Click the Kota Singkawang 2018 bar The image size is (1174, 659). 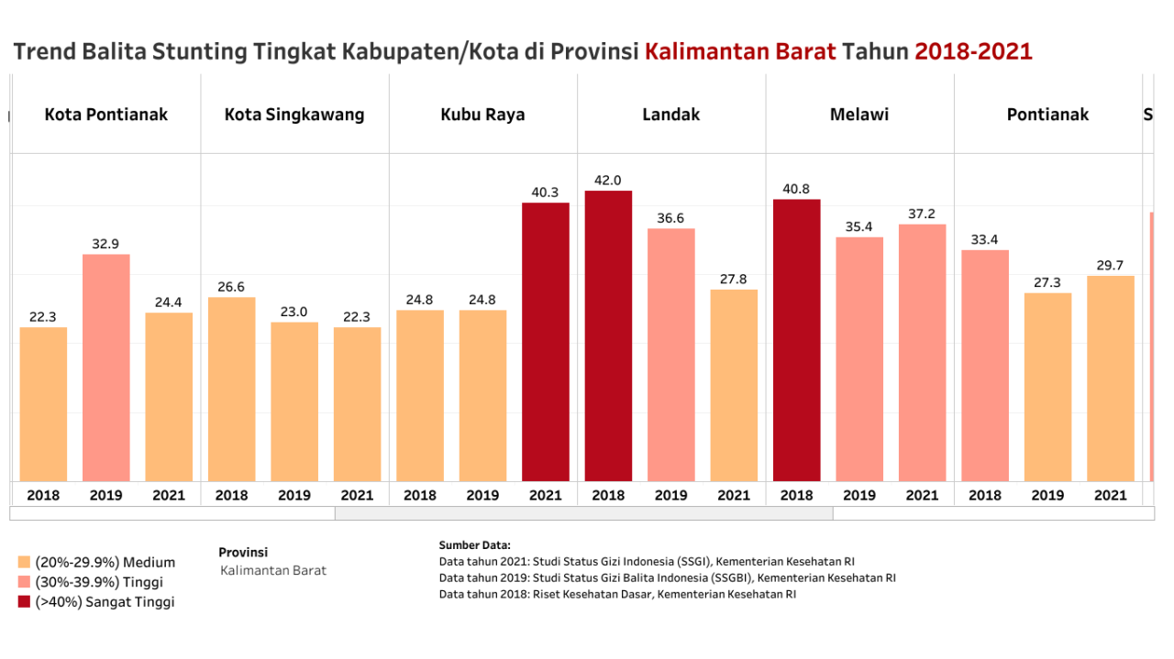[231, 389]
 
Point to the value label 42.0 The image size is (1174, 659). [608, 181]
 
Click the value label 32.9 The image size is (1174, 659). [106, 244]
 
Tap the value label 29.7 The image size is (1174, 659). [1110, 266]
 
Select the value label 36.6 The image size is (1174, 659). [670, 218]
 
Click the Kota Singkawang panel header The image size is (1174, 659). [294, 115]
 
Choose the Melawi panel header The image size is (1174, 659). [859, 115]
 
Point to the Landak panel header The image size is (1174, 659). [670, 115]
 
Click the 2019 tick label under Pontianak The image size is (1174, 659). [1047, 495]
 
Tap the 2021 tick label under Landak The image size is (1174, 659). [734, 495]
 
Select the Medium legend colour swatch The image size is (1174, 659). [24, 562]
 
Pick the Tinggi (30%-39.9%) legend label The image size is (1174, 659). [99, 582]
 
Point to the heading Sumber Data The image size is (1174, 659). [475, 545]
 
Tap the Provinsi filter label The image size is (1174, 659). [243, 552]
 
